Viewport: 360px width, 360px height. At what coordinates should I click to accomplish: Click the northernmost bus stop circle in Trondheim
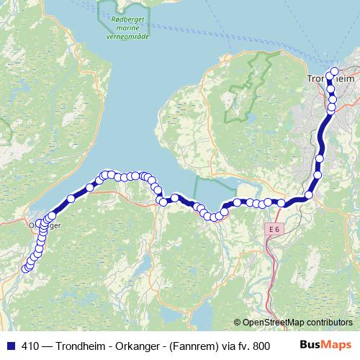[x=333, y=71]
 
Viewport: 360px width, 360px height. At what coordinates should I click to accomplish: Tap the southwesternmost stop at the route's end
[x=25, y=269]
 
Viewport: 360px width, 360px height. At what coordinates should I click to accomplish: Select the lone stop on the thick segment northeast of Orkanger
[x=71, y=199]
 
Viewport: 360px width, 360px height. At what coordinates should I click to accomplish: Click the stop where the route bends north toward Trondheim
[x=309, y=194]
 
